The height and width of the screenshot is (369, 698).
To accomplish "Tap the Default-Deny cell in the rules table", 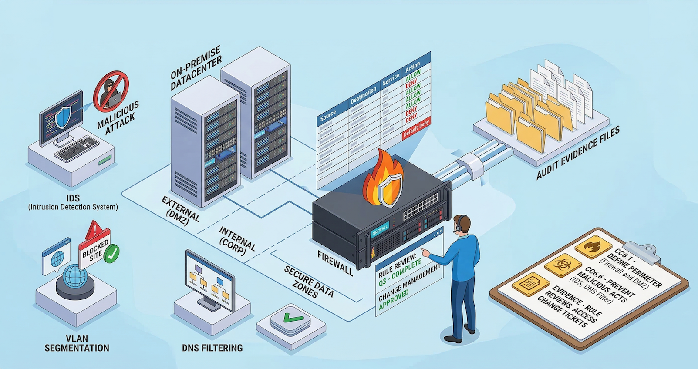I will [x=416, y=129].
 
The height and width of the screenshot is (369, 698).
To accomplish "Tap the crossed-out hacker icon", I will [x=111, y=92].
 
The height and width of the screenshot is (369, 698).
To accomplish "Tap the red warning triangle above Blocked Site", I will [x=93, y=230].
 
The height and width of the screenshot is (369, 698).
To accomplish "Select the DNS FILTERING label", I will [x=212, y=348].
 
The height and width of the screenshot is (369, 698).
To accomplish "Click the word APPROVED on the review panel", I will [x=394, y=300].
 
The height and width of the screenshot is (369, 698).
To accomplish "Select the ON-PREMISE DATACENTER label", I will [x=196, y=68].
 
